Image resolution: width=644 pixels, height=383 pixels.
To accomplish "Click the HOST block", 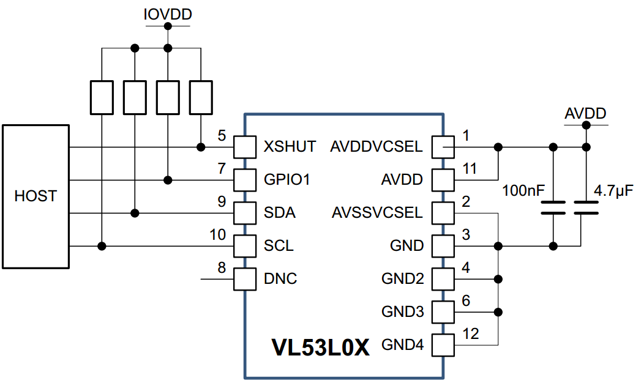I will pos(35,196).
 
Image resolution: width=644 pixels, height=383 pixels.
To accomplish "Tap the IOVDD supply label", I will pos(167,14).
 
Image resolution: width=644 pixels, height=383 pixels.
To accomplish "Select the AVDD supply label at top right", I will pos(585,114).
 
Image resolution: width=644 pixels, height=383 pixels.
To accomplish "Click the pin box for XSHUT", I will pos(244,147).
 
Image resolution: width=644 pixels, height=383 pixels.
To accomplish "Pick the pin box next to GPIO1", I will pos(244,180).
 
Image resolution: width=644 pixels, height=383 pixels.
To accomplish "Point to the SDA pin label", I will pos(279,213).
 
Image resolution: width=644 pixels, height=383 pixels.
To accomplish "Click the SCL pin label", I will pos(279,246).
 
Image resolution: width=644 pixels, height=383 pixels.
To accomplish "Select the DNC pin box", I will pos(244,279).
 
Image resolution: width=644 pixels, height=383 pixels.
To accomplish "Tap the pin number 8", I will pos(222,268).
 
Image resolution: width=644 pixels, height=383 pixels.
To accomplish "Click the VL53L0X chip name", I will pos(321,348).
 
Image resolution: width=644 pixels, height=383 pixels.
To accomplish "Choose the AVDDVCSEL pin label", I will pos(376,147).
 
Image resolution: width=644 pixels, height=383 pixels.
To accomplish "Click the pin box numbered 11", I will pos(443,180).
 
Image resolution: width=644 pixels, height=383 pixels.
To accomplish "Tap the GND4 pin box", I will pos(443,345).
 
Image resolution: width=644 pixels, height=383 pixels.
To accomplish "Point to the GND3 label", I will pos(402,312).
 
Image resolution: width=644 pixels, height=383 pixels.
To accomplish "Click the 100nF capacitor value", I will pos(523,191).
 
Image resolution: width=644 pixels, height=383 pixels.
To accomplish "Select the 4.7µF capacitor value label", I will pos(613,191).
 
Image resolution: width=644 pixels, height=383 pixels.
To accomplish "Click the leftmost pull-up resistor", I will pos(102,97).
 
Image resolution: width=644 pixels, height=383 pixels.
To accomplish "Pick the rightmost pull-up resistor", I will pos(201,97).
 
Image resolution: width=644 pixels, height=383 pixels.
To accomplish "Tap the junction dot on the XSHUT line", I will pos(201,147).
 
